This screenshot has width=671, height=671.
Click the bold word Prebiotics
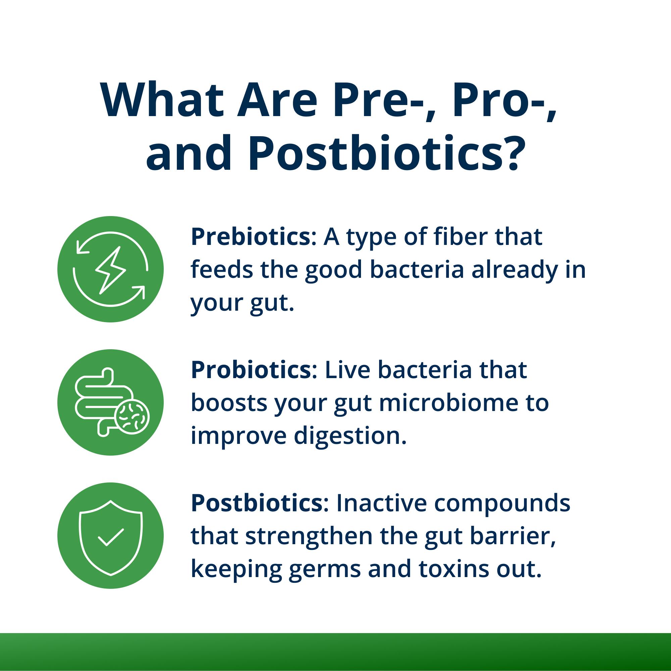tap(250, 238)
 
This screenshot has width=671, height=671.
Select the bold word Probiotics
tap(251, 370)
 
